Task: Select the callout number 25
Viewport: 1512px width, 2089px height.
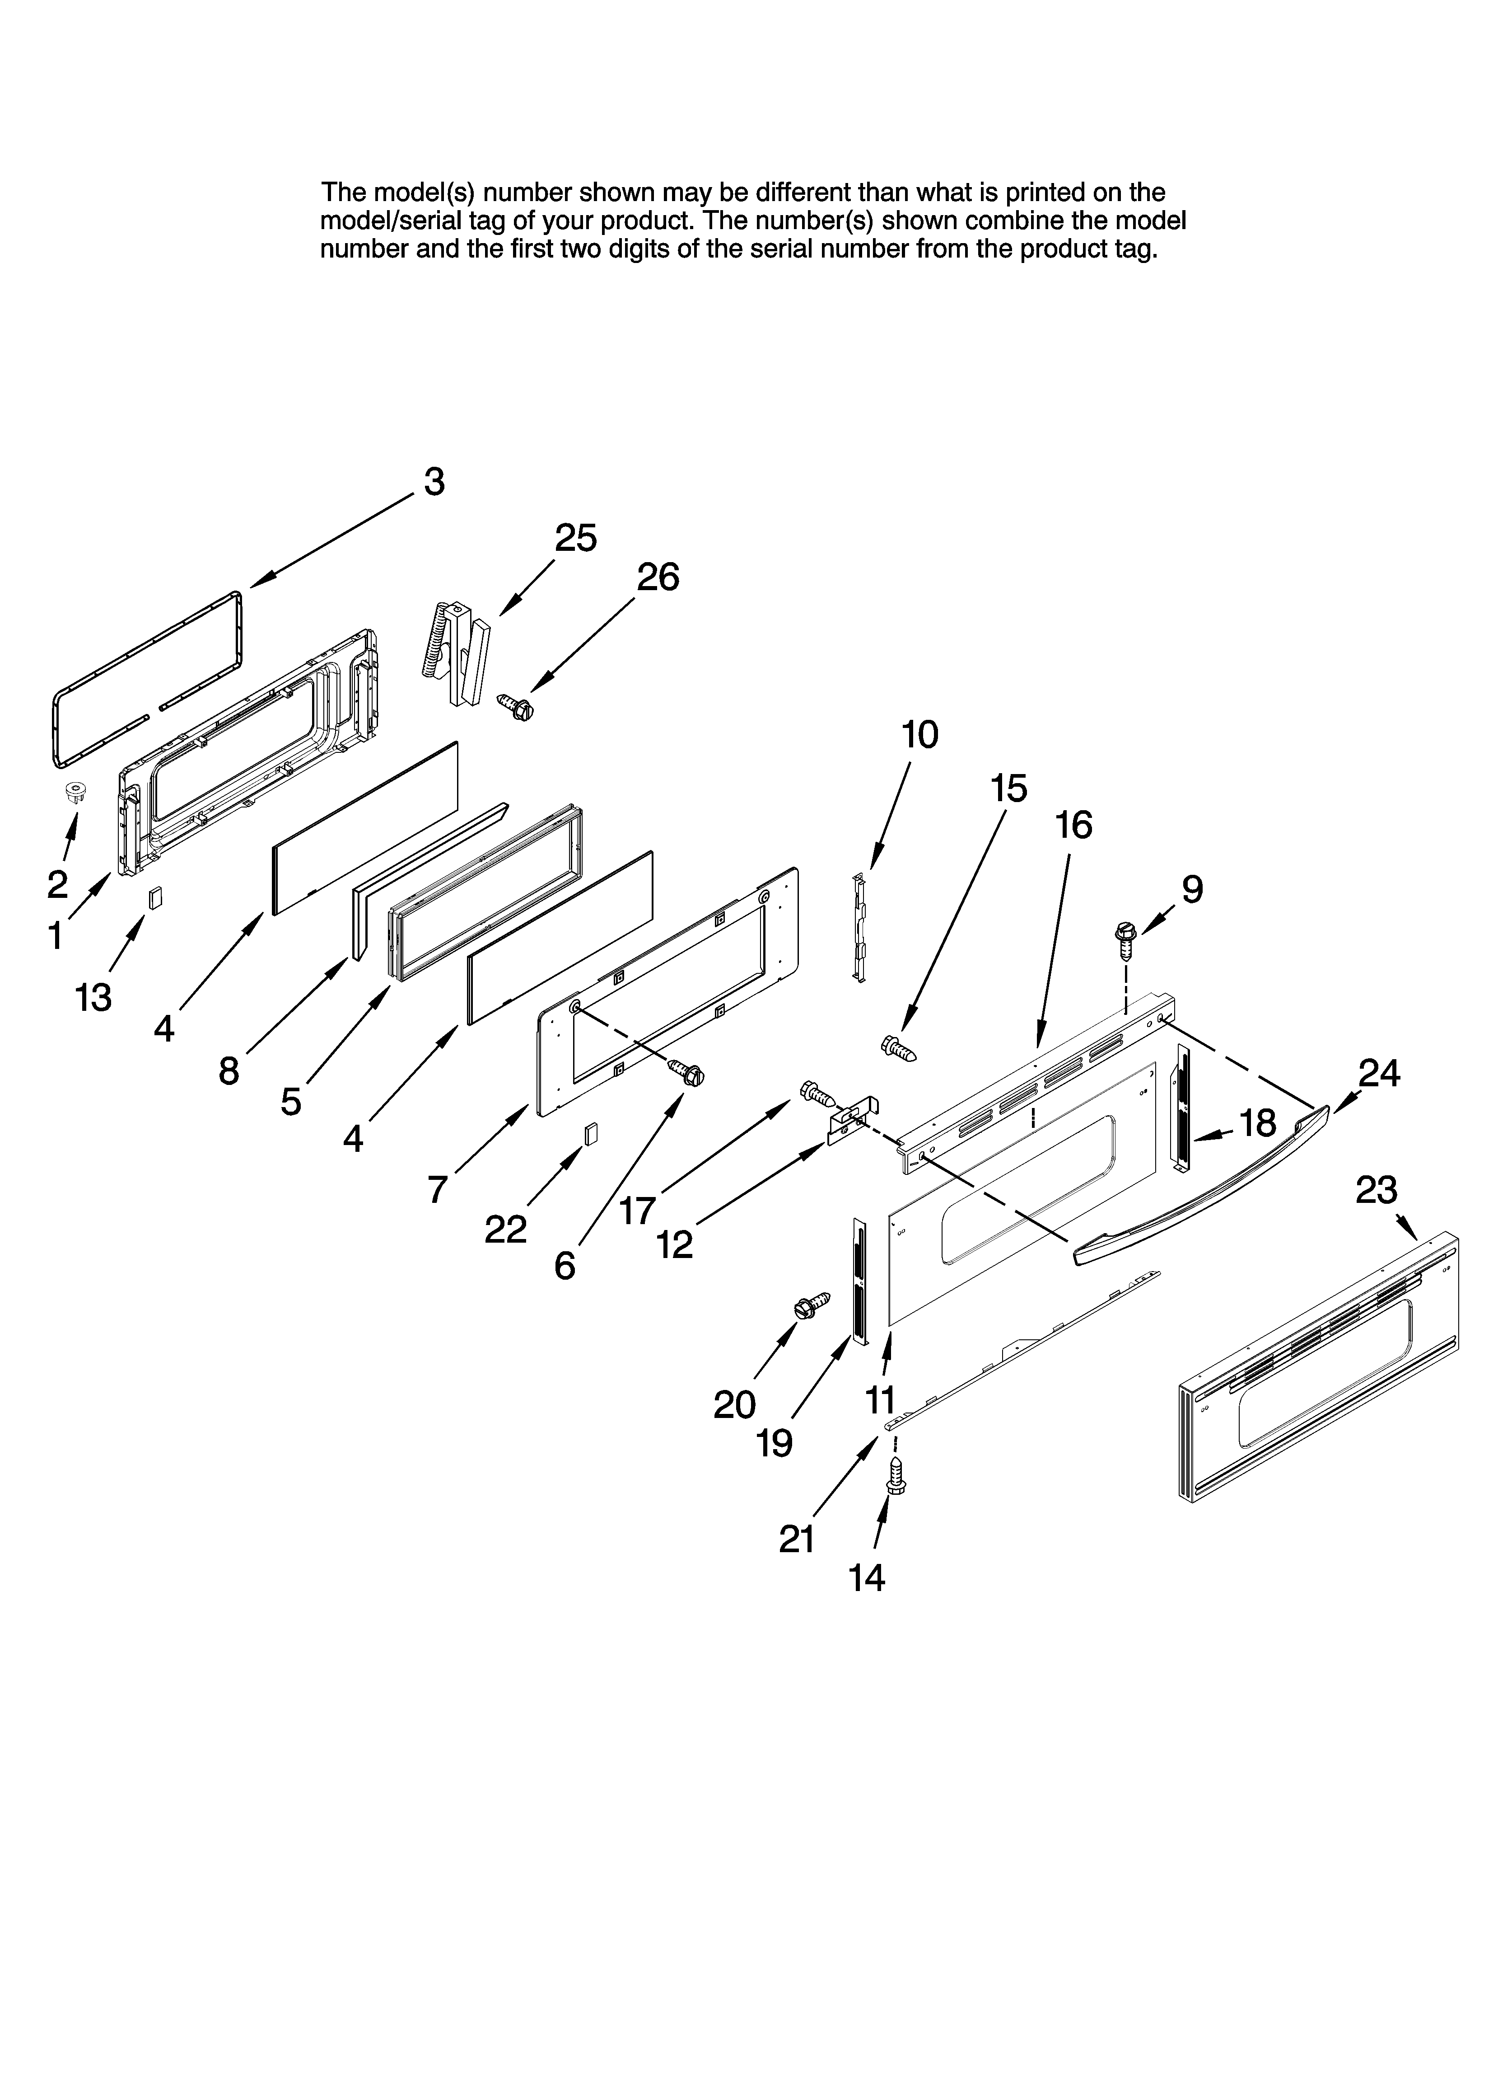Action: (x=575, y=538)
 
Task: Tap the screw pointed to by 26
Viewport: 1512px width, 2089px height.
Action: (x=516, y=706)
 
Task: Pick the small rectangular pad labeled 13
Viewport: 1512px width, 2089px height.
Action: (x=156, y=898)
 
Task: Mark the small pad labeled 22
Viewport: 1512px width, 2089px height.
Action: (x=590, y=1134)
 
